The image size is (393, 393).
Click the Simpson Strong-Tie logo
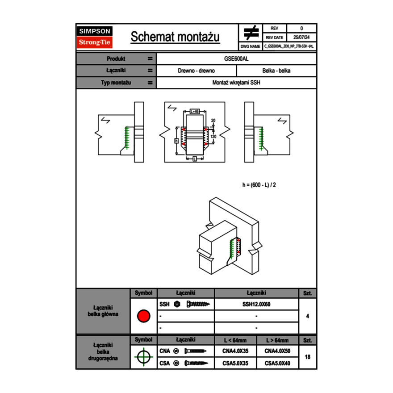coord(95,37)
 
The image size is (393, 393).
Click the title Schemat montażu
coord(175,37)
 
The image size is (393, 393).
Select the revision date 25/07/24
coord(301,38)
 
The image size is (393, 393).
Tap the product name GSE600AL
coord(237,59)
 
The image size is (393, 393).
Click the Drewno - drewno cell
coord(196,71)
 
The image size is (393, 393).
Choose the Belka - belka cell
coord(276,71)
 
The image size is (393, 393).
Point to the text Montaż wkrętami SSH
coord(237,83)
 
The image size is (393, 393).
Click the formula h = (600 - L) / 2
coord(262,184)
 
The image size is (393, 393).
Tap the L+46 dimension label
coord(195,111)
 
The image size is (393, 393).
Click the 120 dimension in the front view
coord(213,136)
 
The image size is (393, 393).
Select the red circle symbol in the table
coord(143,316)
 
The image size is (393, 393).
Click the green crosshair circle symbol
coord(143,357)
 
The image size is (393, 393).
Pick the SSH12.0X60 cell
coord(256,304)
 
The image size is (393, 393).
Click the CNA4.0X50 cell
coord(277,351)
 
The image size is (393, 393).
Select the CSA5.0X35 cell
coord(235,364)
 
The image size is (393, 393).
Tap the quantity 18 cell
coord(307,357)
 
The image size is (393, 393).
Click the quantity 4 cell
coord(307,316)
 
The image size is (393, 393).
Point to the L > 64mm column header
coord(277,340)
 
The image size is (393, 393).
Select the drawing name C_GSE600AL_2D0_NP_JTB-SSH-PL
coord(288,46)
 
